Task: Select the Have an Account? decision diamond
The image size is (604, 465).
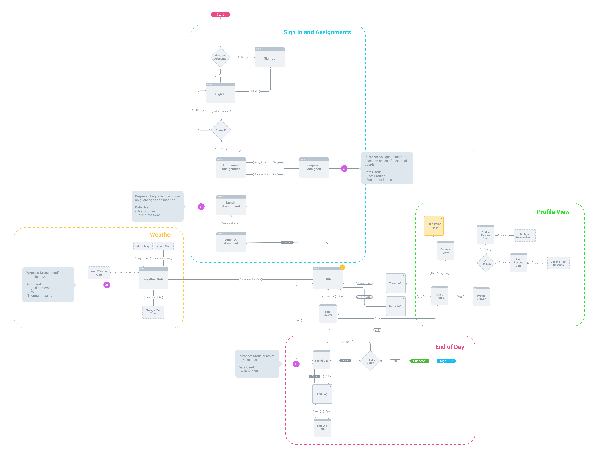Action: pyautogui.click(x=220, y=57)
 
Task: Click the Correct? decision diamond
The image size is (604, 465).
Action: pyautogui.click(x=221, y=130)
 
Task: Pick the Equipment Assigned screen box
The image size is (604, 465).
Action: pyautogui.click(x=314, y=168)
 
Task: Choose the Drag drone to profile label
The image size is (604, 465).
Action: pyautogui.click(x=265, y=162)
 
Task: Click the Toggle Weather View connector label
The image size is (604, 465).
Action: pyautogui.click(x=250, y=279)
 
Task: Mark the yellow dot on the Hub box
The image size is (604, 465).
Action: pyautogui.click(x=342, y=267)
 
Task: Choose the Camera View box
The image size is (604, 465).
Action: pyautogui.click(x=445, y=251)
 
